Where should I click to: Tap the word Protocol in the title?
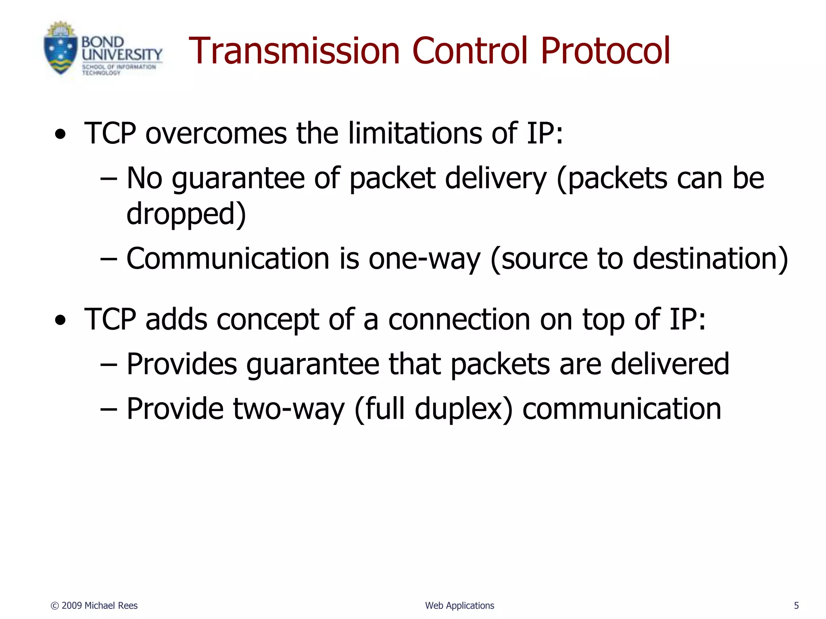point(605,51)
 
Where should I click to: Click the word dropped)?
point(186,214)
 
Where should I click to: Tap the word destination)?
point(710,259)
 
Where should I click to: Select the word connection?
point(459,320)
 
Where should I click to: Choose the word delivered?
point(670,364)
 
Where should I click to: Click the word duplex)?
point(464,409)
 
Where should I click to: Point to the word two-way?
point(289,409)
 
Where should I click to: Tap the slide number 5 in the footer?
point(796,606)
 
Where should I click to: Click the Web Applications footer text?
point(459,606)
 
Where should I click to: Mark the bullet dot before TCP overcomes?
point(60,135)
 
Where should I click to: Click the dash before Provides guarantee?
point(108,365)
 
